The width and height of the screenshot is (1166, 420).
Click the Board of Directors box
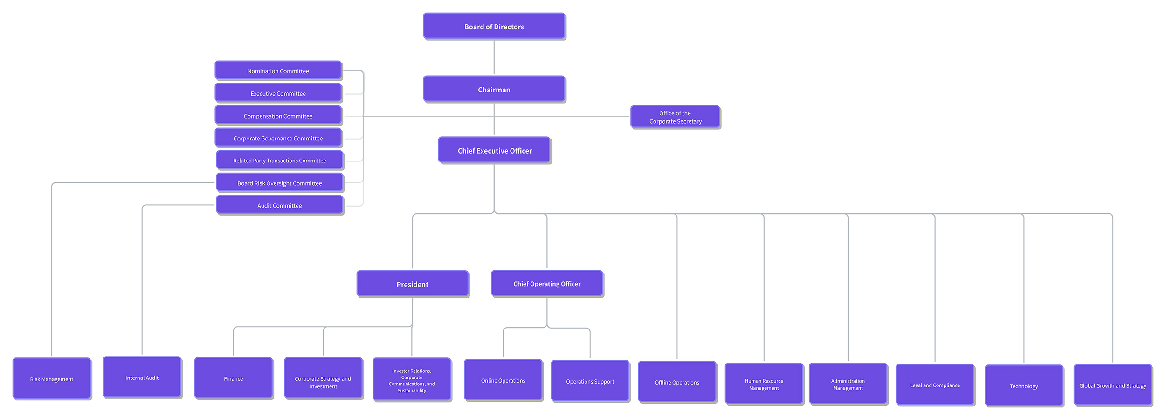(494, 26)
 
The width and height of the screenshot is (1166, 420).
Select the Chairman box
(494, 89)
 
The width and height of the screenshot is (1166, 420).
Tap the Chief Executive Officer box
(495, 150)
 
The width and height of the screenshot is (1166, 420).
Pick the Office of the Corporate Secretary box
(676, 117)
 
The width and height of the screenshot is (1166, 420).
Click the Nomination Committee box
(278, 70)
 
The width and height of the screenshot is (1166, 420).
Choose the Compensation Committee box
(278, 115)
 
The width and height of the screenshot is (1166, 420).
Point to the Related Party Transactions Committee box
(280, 160)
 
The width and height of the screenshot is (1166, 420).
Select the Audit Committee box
(280, 205)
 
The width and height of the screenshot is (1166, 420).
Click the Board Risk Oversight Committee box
(280, 183)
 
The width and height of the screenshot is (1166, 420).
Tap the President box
(413, 284)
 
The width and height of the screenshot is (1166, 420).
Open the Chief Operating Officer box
(547, 283)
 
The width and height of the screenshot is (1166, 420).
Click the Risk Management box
(52, 378)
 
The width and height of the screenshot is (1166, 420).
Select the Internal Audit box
(142, 378)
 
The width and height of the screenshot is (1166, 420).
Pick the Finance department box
(234, 378)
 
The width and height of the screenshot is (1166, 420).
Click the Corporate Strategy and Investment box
(324, 378)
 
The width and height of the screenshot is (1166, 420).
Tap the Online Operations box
(504, 380)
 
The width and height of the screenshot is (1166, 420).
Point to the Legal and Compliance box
(935, 385)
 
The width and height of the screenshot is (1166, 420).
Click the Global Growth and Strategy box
(1113, 385)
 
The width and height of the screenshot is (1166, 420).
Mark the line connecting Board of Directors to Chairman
(494, 57)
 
